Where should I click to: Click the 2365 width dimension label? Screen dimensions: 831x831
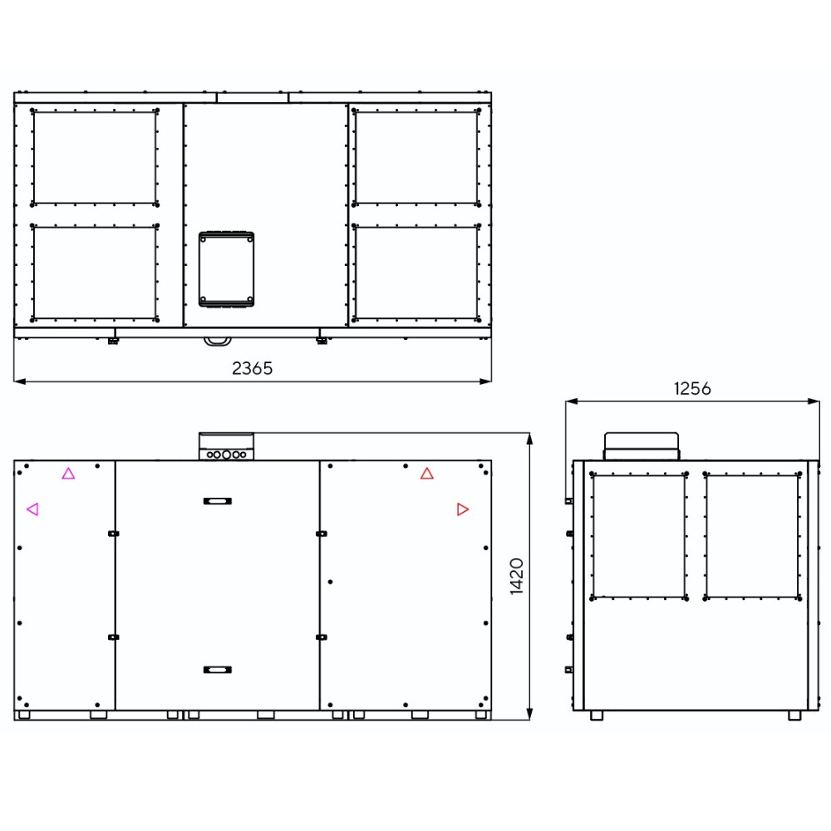point(253,368)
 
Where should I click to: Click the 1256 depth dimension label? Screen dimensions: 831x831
point(692,388)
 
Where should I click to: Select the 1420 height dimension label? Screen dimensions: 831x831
point(517,576)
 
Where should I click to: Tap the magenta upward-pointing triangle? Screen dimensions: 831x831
point(68,474)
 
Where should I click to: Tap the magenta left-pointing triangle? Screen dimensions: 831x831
point(32,509)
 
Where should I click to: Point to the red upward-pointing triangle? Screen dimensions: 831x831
point(427,474)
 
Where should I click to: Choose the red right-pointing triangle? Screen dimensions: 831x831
point(463,509)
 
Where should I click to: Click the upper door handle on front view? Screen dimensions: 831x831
point(218,501)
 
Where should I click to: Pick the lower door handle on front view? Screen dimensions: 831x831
point(218,670)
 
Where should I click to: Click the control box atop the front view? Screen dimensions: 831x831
point(226,446)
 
